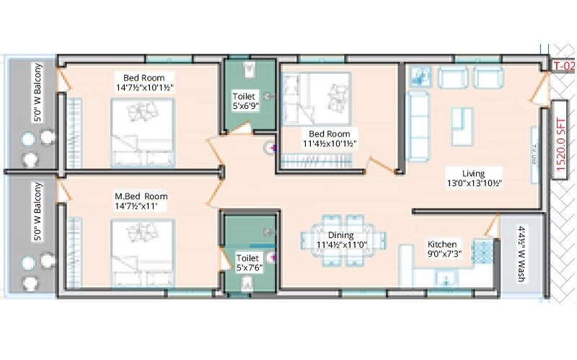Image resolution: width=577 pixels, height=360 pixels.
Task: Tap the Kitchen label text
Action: click(x=442, y=245)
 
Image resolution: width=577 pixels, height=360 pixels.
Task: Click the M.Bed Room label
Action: click(x=141, y=196)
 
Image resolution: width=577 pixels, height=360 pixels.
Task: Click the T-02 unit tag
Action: click(x=563, y=66)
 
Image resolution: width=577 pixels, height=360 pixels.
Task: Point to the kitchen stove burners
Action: click(x=481, y=250)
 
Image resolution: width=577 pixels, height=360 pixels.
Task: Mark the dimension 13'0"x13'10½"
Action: click(x=473, y=183)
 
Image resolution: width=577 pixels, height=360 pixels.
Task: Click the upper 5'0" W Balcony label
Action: click(x=38, y=94)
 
